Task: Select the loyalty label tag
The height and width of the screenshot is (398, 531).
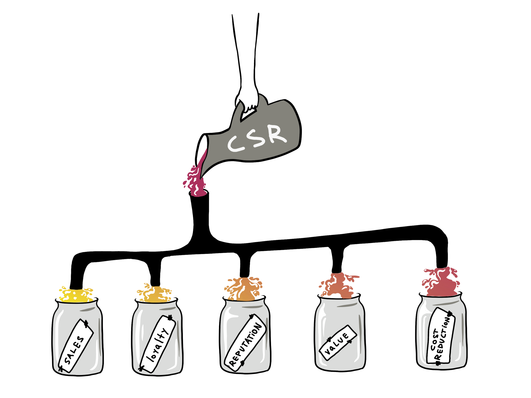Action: [x=157, y=344]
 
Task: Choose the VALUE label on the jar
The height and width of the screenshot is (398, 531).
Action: [x=338, y=343]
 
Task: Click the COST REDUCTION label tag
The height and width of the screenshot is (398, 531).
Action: [x=441, y=336]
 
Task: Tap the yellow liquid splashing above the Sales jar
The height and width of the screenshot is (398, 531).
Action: [x=76, y=295]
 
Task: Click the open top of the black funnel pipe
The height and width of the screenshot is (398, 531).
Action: [x=199, y=193]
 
